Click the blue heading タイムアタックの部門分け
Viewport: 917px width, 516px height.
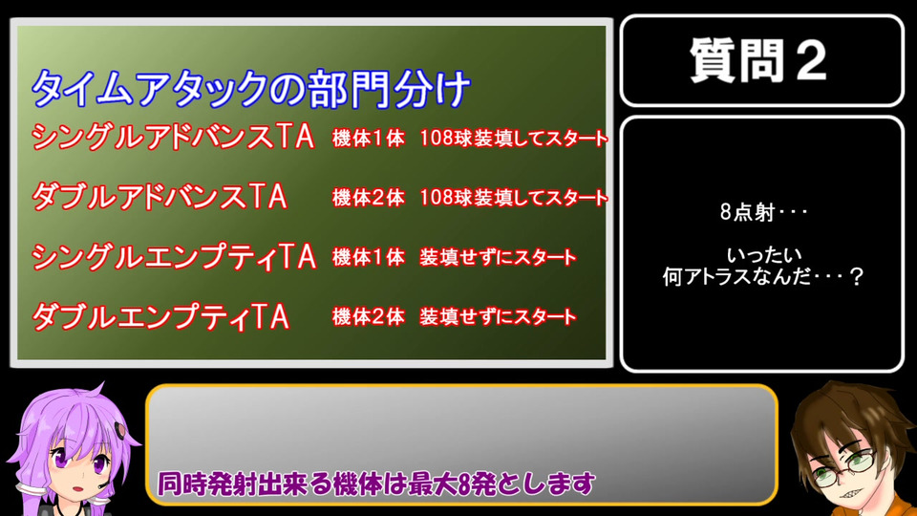coord(251,89)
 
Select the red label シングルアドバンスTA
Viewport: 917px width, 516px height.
coord(173,137)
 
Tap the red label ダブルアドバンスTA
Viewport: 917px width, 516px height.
coord(160,196)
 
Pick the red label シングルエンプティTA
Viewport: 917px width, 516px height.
coord(174,257)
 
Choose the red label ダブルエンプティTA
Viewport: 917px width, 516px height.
coord(160,316)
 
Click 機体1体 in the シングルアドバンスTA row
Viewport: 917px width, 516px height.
coord(369,138)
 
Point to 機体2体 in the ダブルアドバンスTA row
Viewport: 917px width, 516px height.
coord(369,198)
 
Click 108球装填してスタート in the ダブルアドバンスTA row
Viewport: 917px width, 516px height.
coord(514,198)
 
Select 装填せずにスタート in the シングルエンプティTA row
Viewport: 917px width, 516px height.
coord(498,257)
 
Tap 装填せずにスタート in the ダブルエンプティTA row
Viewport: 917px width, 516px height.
coord(498,317)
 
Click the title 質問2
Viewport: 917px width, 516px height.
coord(758,60)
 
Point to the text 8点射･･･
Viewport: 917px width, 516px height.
coord(763,212)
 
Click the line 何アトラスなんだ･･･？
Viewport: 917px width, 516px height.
coord(762,276)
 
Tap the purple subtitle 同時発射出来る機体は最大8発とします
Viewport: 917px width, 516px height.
coord(376,484)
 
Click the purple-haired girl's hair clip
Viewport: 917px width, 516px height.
coord(121,430)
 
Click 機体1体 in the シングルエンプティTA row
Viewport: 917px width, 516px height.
coord(369,257)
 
